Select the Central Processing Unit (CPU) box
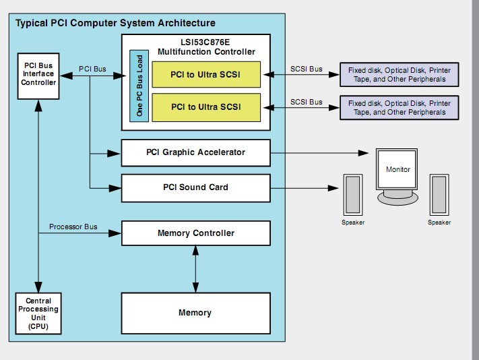click(x=38, y=313)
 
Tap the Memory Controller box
click(x=195, y=233)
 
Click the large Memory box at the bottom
click(x=195, y=313)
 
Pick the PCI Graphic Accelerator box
click(x=195, y=152)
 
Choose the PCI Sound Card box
click(x=195, y=187)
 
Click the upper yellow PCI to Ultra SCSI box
click(x=206, y=74)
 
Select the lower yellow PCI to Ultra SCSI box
click(x=206, y=107)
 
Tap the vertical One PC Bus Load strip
click(x=139, y=85)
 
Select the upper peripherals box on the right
click(x=400, y=74)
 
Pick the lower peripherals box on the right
click(x=400, y=108)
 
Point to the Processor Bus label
click(x=73, y=227)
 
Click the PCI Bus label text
click(x=92, y=68)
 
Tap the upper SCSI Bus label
click(x=306, y=68)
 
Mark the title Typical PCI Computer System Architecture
click(x=115, y=24)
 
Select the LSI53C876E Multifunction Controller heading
click(x=206, y=47)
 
